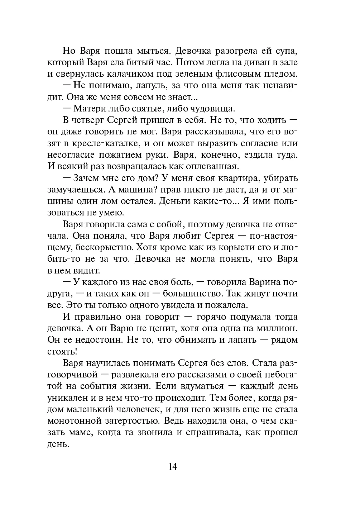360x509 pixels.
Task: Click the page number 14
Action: (x=172, y=466)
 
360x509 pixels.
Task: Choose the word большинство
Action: (x=192, y=294)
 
